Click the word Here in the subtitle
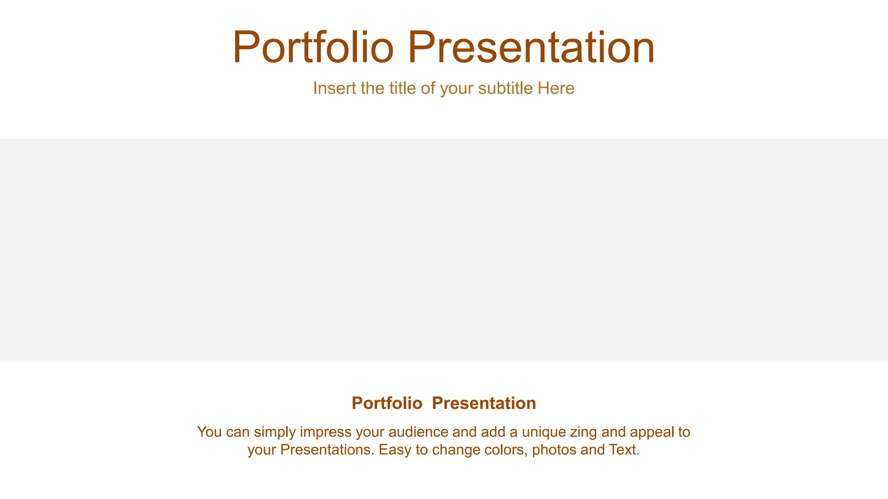click(x=556, y=88)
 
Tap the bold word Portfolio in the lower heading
click(x=387, y=403)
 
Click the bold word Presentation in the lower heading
click(x=484, y=403)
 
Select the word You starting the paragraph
click(x=209, y=432)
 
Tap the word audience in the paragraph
click(x=417, y=432)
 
